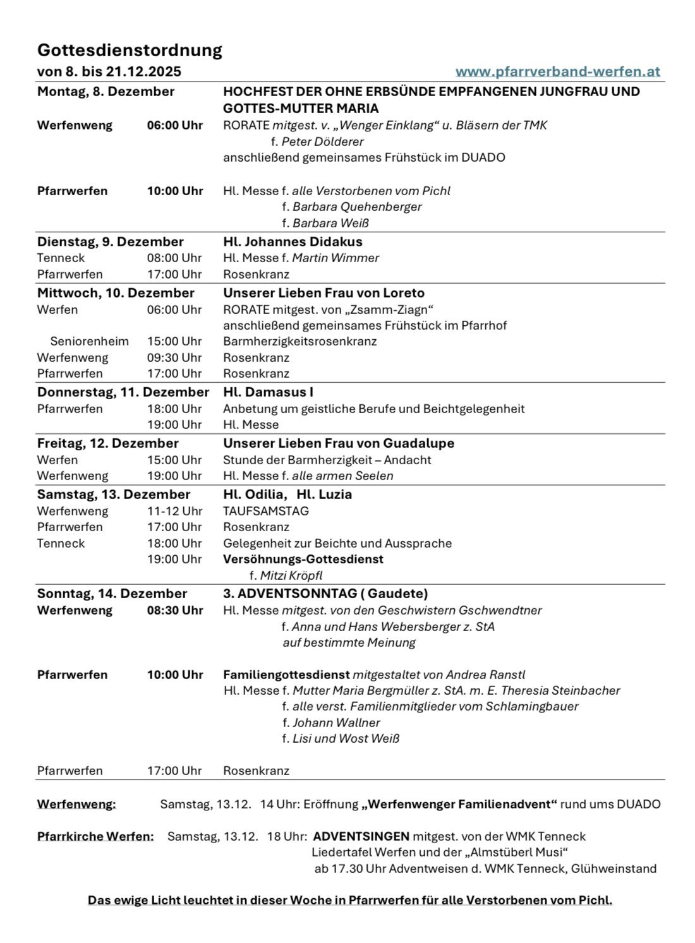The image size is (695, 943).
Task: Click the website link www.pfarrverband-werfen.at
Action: [x=557, y=71]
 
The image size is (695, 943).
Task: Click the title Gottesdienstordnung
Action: [x=130, y=50]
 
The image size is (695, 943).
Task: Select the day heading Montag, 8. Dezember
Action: [x=106, y=92]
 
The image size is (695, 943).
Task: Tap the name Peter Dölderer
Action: [x=322, y=141]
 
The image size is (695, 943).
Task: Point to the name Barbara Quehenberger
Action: [x=357, y=207]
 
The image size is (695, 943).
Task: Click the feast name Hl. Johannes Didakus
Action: [x=293, y=242]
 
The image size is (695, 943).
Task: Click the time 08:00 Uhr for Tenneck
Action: [x=174, y=258]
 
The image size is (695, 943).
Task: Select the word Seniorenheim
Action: [x=89, y=341]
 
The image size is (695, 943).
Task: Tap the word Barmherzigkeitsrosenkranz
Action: [x=299, y=341]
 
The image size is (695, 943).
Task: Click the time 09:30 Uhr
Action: [x=174, y=357]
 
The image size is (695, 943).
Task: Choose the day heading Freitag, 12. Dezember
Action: [x=107, y=443]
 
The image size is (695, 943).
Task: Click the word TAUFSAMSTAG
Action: [x=265, y=511]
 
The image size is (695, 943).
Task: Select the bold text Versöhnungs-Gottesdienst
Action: [x=303, y=559]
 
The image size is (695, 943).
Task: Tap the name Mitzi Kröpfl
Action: [x=291, y=575]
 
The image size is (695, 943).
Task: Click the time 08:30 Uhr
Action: [x=175, y=610]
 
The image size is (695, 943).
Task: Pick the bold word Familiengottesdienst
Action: [x=286, y=675]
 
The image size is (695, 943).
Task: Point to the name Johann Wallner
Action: [x=336, y=723]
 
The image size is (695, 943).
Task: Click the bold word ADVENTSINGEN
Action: [x=361, y=836]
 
